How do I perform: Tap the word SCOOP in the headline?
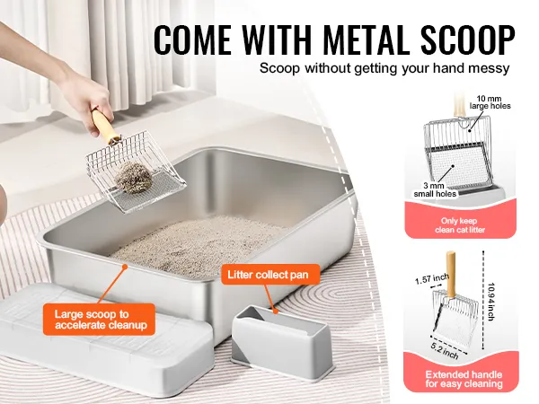469,40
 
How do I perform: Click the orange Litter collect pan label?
270,275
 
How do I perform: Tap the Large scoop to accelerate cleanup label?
99,320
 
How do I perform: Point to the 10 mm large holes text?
490,102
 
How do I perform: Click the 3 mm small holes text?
435,190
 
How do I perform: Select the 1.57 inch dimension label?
432,279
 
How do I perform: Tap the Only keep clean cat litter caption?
460,225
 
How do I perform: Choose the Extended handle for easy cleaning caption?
464,379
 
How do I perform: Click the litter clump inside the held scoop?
133,178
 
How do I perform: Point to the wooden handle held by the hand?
105,127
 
